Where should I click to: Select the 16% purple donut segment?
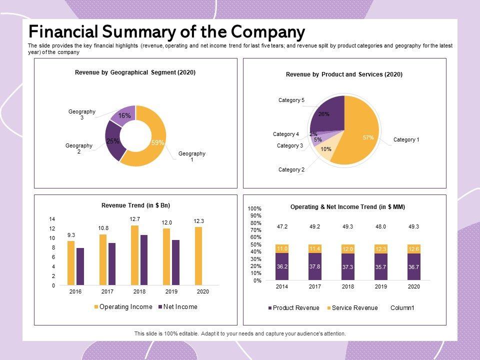pyautogui.click(x=124, y=115)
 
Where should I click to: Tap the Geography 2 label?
pyautogui.click(x=79, y=148)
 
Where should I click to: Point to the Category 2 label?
pyautogui.click(x=291, y=170)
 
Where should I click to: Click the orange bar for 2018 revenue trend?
pyautogui.click(x=134, y=255)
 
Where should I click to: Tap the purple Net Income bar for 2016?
pyautogui.click(x=80, y=266)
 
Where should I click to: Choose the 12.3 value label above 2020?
pyautogui.click(x=198, y=221)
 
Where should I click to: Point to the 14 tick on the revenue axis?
pyautogui.click(x=52, y=219)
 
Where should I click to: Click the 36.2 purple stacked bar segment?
pyautogui.click(x=282, y=266)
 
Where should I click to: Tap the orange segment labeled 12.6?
pyautogui.click(x=413, y=248)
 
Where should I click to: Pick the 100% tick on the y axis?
pyautogui.click(x=255, y=208)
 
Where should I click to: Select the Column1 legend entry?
pyautogui.click(x=402, y=308)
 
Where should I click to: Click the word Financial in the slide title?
pyautogui.click(x=63, y=32)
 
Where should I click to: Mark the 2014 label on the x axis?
pyautogui.click(x=282, y=287)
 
